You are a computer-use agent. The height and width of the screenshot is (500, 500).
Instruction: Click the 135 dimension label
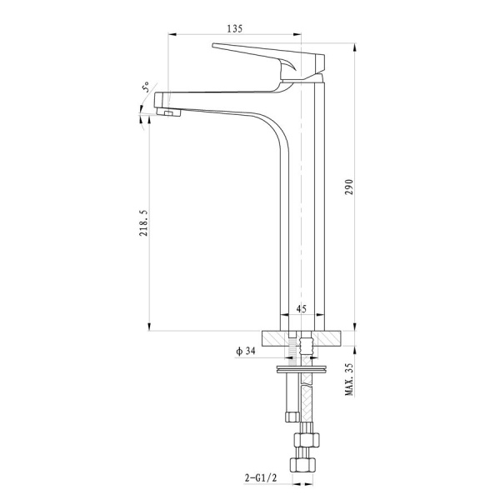tap(235, 28)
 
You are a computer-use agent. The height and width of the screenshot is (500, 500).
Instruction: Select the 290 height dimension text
tap(349, 187)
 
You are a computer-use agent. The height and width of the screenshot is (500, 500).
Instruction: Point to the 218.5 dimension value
tap(143, 222)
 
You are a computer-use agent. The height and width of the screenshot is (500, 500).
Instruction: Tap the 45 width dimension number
tap(302, 308)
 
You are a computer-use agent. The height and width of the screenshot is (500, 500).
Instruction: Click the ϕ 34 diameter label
tap(246, 352)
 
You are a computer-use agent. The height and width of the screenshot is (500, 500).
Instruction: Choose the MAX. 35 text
tap(349, 379)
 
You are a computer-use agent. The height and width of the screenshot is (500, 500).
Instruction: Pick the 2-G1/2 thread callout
tap(261, 477)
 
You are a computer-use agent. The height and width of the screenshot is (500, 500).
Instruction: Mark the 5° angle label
tap(146, 87)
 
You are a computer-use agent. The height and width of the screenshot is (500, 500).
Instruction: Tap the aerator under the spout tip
tap(168, 112)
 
